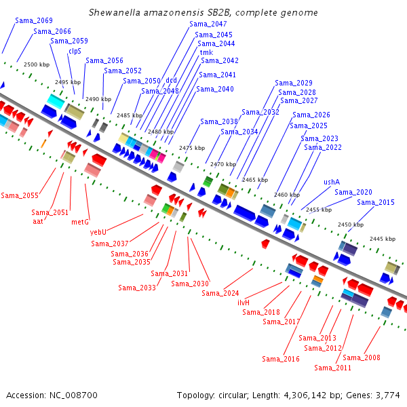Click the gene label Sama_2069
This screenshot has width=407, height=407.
pos(34,20)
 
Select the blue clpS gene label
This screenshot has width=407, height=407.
pos(75,51)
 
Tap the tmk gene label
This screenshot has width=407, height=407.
pos(206,52)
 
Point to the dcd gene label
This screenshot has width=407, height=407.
pos(172,80)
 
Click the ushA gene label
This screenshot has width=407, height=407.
pos(332,182)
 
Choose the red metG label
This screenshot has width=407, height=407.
pos(80,222)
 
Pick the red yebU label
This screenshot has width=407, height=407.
pos(98,232)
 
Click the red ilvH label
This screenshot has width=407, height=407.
pos(244,303)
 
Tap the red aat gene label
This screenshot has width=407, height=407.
pos(38,221)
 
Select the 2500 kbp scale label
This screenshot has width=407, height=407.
pos(37,64)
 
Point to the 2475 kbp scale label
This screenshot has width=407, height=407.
pos(192,148)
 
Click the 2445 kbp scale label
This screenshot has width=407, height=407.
pos(383,239)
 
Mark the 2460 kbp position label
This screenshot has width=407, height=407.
pos(287,195)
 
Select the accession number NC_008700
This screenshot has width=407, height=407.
pos(73,395)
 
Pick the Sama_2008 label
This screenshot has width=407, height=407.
pos(362,357)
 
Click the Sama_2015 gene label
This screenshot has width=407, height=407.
pos(376,202)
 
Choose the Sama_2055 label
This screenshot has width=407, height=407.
pos(20,195)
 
